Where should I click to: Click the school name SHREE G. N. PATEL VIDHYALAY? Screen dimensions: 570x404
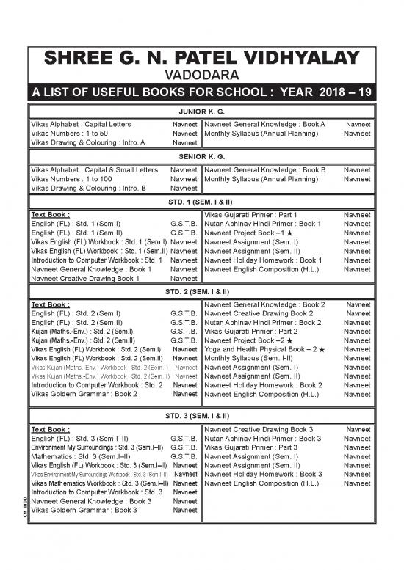tap(201, 59)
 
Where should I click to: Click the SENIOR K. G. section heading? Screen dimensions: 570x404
tap(201, 157)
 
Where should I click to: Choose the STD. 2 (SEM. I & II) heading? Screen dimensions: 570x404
tap(201, 291)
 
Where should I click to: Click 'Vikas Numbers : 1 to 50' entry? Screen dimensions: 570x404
tap(70, 134)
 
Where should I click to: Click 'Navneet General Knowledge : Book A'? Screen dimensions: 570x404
tap(264, 125)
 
